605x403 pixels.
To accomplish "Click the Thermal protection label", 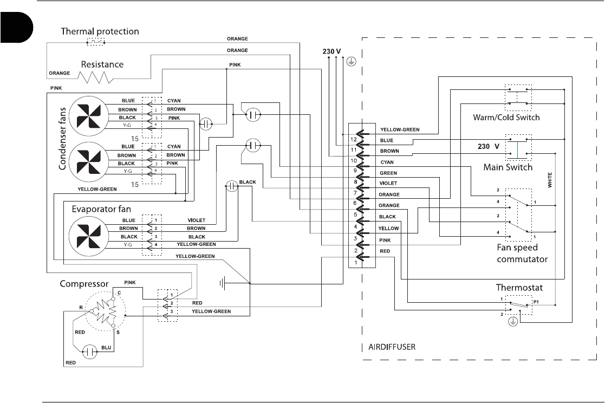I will coord(100,31).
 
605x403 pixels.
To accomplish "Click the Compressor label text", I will coord(84,283).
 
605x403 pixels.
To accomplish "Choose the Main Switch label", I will coord(508,167).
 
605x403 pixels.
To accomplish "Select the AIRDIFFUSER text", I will coord(391,347).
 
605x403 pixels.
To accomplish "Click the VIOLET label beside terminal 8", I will coord(388,184).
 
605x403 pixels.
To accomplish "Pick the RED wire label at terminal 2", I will coord(385,251).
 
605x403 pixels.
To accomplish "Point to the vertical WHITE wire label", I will coord(550,180).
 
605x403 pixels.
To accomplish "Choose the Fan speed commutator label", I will coord(522,253).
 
